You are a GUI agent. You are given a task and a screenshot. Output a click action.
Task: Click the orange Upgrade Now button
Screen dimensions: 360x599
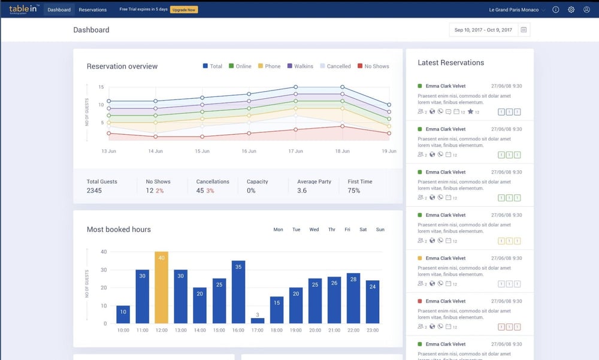pos(184,10)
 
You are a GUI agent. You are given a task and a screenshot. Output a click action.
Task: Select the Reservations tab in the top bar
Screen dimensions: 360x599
pos(92,10)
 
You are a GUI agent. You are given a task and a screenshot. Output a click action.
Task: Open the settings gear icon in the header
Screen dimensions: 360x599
pos(571,10)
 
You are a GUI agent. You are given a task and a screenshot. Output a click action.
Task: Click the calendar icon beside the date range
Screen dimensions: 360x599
pos(524,30)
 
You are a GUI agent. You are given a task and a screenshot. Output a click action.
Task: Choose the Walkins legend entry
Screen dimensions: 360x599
pos(299,66)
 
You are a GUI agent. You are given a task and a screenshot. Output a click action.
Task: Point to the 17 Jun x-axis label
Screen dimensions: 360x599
pos(295,152)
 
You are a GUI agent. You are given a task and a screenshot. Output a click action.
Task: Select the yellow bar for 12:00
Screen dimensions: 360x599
pos(161,288)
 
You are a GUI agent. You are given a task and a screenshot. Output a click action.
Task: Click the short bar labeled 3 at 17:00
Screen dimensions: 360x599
pos(258,320)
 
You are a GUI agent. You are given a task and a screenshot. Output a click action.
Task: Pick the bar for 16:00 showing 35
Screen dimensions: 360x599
pos(238,292)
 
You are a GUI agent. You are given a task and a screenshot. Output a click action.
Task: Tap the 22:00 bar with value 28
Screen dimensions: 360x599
pos(353,298)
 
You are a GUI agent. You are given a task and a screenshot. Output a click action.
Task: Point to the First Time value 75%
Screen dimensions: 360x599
pos(354,190)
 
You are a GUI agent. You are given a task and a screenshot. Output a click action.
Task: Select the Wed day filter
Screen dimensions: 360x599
pos(314,229)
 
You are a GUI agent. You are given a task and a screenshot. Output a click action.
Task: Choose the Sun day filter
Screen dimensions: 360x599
pos(380,229)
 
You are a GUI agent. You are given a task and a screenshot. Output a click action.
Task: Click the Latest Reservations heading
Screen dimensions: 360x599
pos(450,63)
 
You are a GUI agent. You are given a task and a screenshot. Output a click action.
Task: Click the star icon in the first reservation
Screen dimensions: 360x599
pos(470,112)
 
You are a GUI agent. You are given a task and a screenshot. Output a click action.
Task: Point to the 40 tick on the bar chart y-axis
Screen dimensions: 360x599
pos(104,252)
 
